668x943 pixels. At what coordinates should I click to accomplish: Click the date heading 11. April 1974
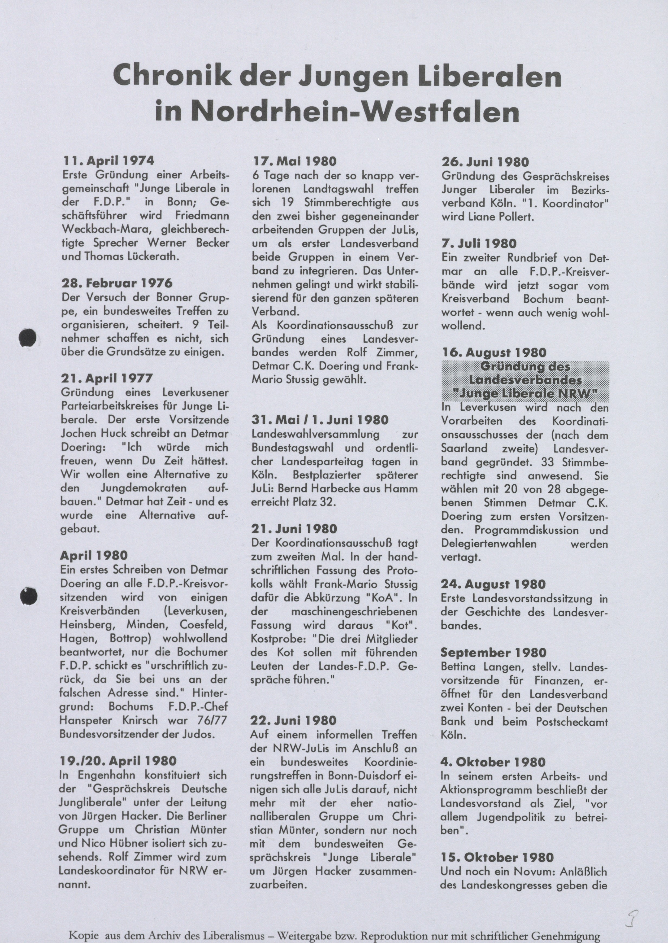point(108,161)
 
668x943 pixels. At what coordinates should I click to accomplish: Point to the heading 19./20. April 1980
point(118,761)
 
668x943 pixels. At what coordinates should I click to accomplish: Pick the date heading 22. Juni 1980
point(293,720)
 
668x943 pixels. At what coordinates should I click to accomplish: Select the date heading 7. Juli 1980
point(479,244)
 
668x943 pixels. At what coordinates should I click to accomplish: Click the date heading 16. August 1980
point(494,353)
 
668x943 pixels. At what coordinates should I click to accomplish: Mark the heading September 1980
point(493,653)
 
